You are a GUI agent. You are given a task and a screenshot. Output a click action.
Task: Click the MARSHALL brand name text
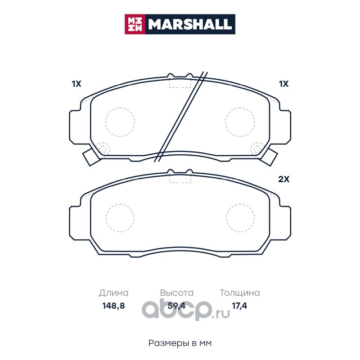190,24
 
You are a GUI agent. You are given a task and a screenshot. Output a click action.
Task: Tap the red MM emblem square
135,24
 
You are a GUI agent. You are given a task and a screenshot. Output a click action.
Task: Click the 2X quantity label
284,179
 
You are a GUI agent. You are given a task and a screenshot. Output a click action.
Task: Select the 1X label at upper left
76,84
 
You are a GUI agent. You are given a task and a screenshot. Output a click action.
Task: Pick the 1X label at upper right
284,84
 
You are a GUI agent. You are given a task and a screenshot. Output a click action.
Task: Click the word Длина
114,293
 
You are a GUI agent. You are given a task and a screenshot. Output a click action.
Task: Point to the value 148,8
113,306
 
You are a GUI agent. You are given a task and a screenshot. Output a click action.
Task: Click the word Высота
177,293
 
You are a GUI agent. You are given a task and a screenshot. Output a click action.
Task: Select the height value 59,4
176,306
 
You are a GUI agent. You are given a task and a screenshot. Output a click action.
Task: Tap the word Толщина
240,293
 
